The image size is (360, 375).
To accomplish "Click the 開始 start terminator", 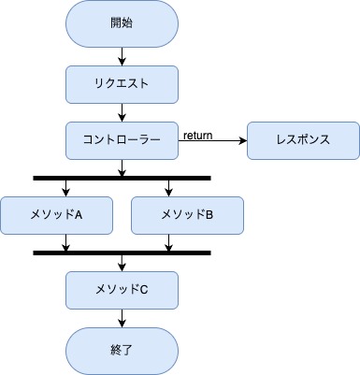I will (x=122, y=23).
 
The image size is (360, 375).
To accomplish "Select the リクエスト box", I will (x=122, y=83).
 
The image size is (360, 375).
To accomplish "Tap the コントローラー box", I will (x=122, y=140).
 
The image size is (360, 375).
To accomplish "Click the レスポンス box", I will (x=302, y=140).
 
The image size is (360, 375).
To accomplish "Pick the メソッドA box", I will (x=56, y=215).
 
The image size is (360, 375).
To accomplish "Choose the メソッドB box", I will (x=187, y=215).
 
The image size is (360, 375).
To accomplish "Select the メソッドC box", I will (x=122, y=290).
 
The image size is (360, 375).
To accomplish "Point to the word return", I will (x=197, y=135).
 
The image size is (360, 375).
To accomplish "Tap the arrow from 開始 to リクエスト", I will (x=122, y=55).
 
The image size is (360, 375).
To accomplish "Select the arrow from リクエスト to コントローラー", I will (x=122, y=112).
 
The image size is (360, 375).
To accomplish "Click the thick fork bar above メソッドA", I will (x=122, y=178).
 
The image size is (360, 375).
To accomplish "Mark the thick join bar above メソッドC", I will (x=122, y=252).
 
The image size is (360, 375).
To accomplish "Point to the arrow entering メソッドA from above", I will (x=66, y=188).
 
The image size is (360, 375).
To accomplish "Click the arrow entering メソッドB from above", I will (x=168, y=188).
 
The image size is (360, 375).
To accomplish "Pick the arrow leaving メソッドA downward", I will (x=66, y=242).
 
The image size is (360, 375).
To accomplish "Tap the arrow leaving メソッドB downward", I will (x=168, y=242).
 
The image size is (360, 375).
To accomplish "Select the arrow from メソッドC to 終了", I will (x=122, y=319).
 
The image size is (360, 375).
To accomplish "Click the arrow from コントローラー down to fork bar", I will (x=122, y=167).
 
